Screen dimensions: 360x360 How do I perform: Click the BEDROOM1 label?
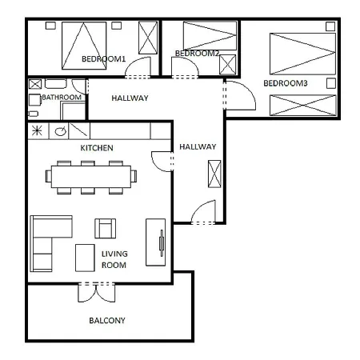coord(103,58)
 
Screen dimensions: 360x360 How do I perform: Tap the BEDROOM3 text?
coord(286,83)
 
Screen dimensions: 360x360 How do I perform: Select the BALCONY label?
coord(107,320)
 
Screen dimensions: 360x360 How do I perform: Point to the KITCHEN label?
coord(97,148)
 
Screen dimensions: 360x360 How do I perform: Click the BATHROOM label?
coord(62,98)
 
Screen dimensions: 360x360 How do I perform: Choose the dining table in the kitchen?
coord(91,177)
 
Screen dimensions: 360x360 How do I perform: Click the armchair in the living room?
coord(106,228)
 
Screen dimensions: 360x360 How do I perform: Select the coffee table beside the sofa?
coord(85,258)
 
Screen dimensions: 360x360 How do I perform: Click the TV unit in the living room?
coord(155,242)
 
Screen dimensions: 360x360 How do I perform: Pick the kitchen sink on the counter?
coord(60,131)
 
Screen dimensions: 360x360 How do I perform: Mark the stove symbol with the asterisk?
coord(37,131)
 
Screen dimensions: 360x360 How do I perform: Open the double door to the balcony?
coord(96,292)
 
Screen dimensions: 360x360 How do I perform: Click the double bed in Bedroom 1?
coord(84,46)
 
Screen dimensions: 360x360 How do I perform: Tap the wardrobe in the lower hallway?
coord(214,174)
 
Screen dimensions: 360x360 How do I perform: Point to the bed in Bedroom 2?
coord(210,35)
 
